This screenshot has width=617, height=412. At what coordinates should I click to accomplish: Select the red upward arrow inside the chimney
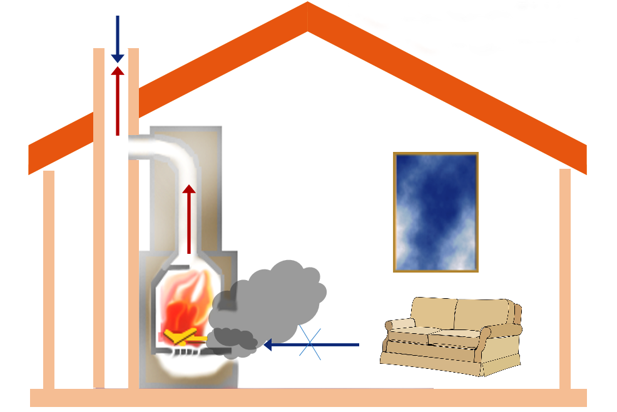117,100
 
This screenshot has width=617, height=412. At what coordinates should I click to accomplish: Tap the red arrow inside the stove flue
189,219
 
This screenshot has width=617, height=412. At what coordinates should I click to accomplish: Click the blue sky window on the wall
436,212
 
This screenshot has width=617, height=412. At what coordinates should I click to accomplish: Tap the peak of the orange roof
307,9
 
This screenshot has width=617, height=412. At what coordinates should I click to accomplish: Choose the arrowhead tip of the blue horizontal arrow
265,344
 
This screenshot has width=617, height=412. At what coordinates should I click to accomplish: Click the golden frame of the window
395,212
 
